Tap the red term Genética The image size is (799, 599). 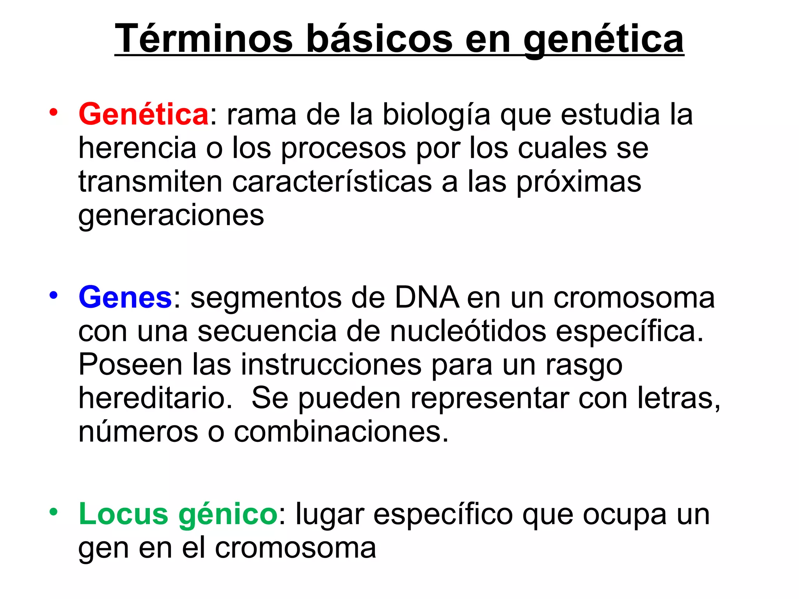click(x=144, y=114)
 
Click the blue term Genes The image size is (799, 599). click(x=125, y=297)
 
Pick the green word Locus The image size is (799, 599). click(x=123, y=514)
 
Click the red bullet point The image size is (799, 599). click(x=53, y=112)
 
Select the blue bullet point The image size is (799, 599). click(x=53, y=295)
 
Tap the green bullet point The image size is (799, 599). click(x=53, y=512)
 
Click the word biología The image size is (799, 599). click(x=436, y=115)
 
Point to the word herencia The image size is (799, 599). click(x=137, y=148)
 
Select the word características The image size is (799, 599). click(x=332, y=182)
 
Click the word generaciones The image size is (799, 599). click(x=171, y=216)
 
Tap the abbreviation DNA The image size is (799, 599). click(x=427, y=297)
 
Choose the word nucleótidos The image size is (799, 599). click(x=468, y=331)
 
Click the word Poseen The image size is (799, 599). click(x=130, y=365)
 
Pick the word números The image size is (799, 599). click(x=138, y=432)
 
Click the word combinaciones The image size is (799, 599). click(x=341, y=432)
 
